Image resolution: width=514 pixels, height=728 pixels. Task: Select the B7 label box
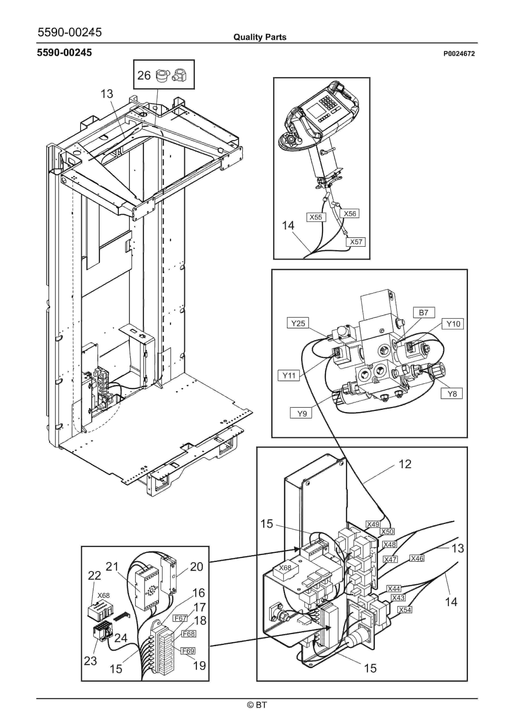click(424, 313)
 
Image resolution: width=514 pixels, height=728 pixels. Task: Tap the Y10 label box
click(453, 324)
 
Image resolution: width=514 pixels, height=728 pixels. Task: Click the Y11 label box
click(289, 376)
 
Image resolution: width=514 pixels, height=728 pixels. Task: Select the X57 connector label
click(356, 242)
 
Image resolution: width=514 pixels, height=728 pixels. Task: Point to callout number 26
click(144, 75)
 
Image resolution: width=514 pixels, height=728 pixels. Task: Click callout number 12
click(405, 464)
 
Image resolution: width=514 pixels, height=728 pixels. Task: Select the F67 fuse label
click(180, 618)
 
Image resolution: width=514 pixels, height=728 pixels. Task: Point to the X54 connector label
click(405, 610)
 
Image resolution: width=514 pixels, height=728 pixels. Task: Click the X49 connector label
click(373, 524)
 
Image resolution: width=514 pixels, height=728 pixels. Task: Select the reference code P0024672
click(459, 54)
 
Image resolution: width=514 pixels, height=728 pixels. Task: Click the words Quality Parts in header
click(260, 37)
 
